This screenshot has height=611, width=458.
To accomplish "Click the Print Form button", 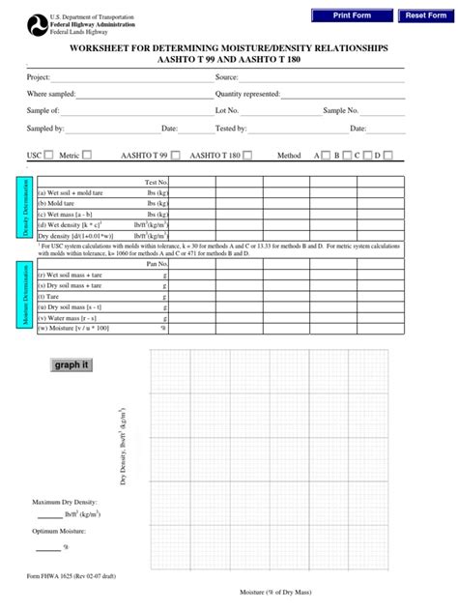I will pyautogui.click(x=352, y=15).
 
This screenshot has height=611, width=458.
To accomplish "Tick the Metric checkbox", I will pyautogui.click(x=87, y=155).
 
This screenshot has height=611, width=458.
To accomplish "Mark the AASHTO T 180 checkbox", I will pyautogui.click(x=246, y=155).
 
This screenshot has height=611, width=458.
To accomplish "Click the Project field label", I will pyautogui.click(x=39, y=77).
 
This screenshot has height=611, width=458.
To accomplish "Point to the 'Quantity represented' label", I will pyautogui.click(x=248, y=94).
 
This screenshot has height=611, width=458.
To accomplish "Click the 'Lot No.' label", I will pyautogui.click(x=227, y=111).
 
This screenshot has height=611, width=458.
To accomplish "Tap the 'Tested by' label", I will pyautogui.click(x=231, y=128).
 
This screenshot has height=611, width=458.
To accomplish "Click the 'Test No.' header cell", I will pyautogui.click(x=157, y=182).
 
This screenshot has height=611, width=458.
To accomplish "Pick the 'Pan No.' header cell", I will pyautogui.click(x=157, y=263).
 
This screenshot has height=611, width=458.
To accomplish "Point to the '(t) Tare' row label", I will pyautogui.click(x=50, y=295).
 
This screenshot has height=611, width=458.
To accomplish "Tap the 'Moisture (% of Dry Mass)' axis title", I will pyautogui.click(x=279, y=593).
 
